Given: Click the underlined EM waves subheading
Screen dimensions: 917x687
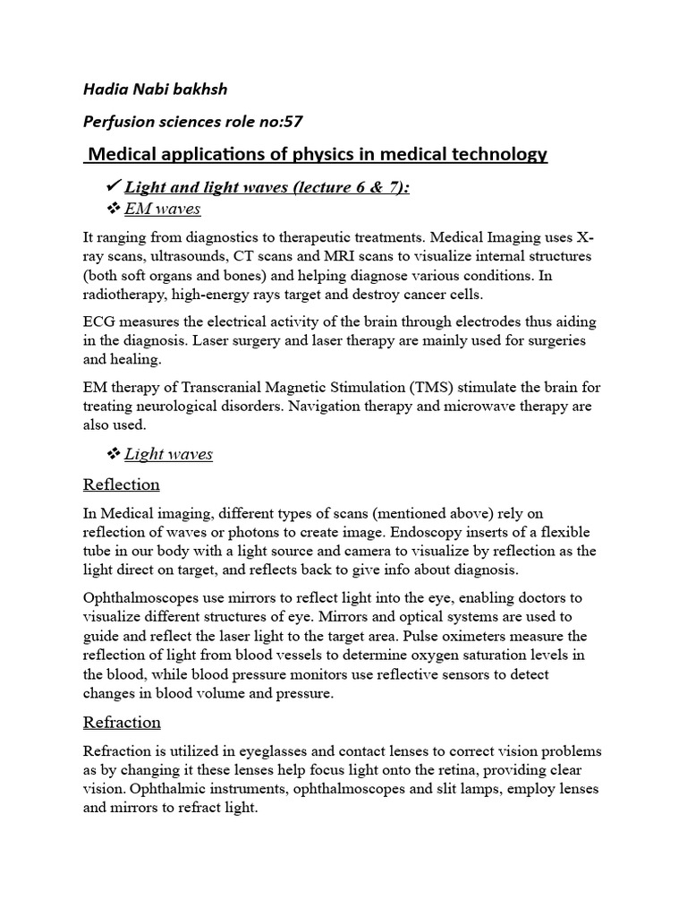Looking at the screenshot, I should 163,210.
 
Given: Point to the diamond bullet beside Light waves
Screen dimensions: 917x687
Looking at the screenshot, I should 114,454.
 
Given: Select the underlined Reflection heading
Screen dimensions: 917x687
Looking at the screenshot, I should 121,485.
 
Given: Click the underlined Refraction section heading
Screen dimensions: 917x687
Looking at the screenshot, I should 122,723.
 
